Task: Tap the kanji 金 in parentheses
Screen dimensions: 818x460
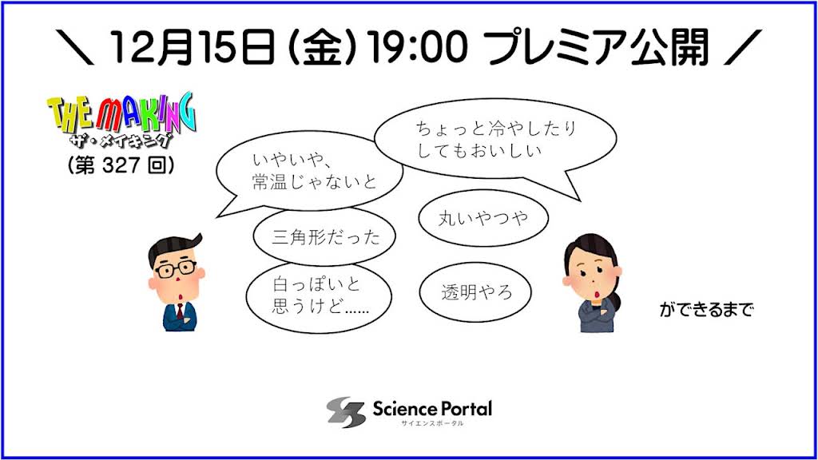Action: coord(322,47)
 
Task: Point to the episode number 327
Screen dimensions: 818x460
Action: coord(121,165)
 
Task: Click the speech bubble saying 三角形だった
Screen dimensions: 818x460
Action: coord(324,236)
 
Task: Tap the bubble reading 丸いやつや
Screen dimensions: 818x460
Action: coord(483,218)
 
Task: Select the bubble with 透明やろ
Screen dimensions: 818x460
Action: coord(475,291)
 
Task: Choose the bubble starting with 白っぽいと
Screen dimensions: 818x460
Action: coord(319,295)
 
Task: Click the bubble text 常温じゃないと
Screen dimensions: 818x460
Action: coord(314,181)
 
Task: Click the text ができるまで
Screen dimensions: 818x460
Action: coord(706,310)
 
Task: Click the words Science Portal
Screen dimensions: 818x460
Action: coord(432,408)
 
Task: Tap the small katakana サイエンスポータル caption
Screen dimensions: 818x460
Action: coord(432,423)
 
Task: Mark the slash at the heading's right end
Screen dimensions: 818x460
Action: coord(743,47)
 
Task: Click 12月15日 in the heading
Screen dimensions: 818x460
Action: coord(193,47)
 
